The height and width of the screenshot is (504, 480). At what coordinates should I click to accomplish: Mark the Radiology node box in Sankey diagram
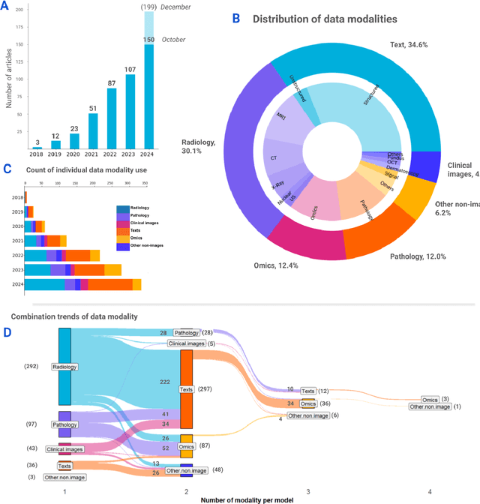tap(65, 367)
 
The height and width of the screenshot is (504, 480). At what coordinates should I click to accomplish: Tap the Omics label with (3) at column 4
tap(430, 400)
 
